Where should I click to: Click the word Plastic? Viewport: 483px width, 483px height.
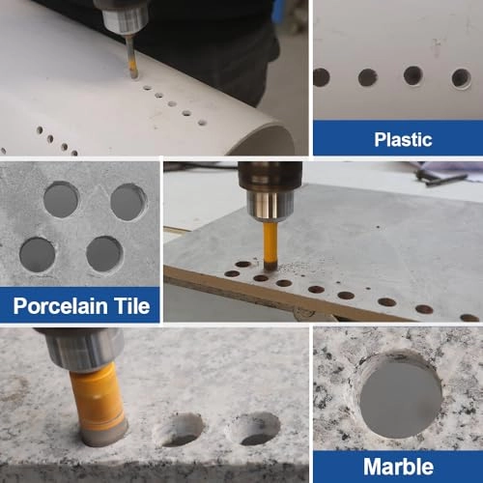tap(403, 140)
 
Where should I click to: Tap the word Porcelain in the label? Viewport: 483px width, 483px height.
tap(60, 306)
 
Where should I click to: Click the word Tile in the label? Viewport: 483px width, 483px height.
tap(132, 305)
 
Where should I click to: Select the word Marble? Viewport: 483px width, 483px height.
tap(398, 467)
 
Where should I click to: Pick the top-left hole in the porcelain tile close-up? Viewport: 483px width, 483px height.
tap(61, 200)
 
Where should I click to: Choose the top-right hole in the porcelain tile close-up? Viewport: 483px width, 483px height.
tap(128, 202)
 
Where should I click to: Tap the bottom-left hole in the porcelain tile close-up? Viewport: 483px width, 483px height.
tap(38, 255)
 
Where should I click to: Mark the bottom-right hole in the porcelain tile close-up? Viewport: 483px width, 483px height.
tap(104, 254)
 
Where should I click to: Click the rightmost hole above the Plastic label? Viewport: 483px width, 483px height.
tap(462, 78)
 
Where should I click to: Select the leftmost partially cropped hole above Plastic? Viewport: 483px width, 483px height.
tap(321, 77)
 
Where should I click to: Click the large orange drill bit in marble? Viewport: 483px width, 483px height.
tap(98, 404)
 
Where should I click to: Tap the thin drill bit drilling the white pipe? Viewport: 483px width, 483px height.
tap(132, 57)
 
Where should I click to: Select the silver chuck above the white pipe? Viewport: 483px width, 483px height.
tap(125, 17)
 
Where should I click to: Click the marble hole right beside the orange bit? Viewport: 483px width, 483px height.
tap(178, 430)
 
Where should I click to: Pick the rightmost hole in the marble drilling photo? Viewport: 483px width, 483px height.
tap(254, 429)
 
